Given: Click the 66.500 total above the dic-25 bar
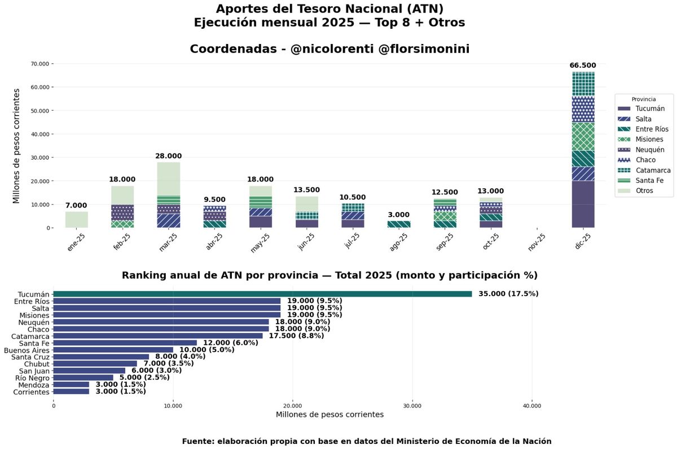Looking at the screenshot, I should pos(583,65).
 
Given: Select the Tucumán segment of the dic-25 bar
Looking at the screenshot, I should pos(583,204).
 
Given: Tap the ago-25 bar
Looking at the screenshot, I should pos(399,224).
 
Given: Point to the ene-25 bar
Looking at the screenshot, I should pos(76,219).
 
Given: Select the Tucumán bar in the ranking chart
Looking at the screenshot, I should pos(262,294).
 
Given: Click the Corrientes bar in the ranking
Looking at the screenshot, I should pos(71,391).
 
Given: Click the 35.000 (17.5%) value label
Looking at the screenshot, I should pos(508,294).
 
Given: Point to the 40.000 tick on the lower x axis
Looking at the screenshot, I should pos(532,405).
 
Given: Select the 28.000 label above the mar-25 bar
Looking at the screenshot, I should pos(169,156).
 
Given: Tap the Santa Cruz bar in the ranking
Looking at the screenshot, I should pos(101,356).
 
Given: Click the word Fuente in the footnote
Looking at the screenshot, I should pos(196,441).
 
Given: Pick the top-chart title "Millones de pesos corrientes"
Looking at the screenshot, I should pos(17,146).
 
